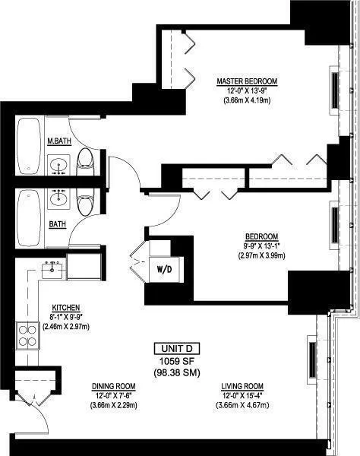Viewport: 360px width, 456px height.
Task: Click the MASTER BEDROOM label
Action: (x=246, y=81)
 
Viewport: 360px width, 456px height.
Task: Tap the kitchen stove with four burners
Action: (x=27, y=335)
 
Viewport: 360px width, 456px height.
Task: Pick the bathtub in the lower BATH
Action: (x=29, y=215)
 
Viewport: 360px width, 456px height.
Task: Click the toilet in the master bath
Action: (x=86, y=160)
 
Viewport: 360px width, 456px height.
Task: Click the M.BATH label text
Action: (x=58, y=141)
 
